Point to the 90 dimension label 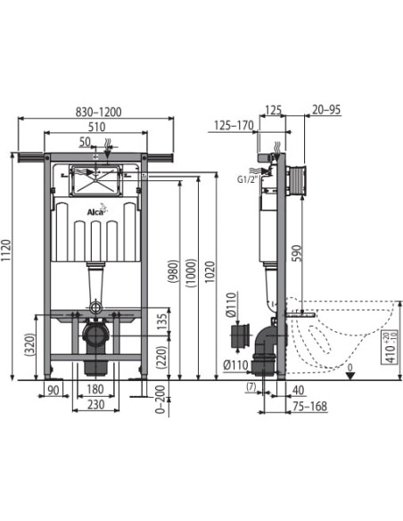pyautogui.click(x=53, y=391)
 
